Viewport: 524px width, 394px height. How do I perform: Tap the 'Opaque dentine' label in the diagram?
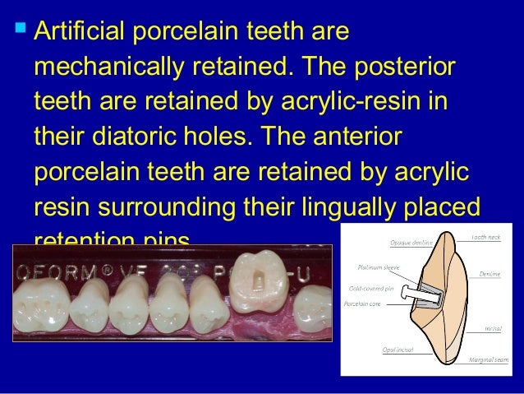pos(408,242)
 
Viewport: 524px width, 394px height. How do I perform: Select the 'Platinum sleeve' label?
pos(382,267)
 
